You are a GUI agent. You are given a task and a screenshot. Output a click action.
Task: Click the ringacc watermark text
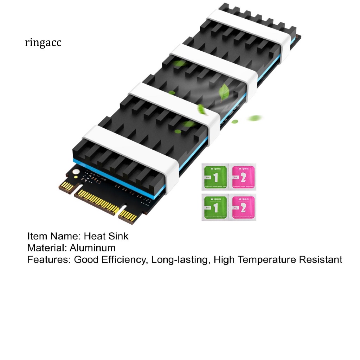(x=43, y=43)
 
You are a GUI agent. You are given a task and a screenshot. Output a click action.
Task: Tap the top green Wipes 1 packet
(x=215, y=177)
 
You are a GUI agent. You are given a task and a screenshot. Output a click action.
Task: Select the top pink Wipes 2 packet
(x=243, y=177)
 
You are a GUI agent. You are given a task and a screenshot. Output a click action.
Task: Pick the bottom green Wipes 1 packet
(x=215, y=207)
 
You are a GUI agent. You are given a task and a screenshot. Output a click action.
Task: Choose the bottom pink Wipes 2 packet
(x=243, y=207)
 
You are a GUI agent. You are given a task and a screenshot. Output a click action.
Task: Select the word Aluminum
(x=92, y=248)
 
